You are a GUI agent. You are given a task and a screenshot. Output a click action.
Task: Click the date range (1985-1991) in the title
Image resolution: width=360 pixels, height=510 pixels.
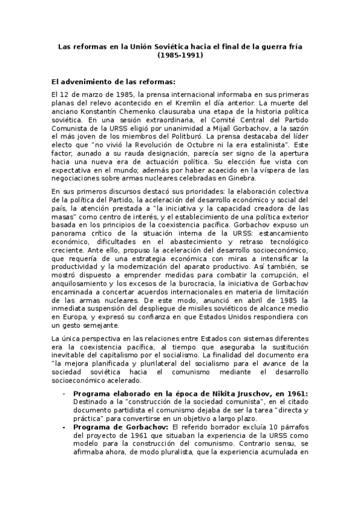pyautogui.click(x=180, y=55)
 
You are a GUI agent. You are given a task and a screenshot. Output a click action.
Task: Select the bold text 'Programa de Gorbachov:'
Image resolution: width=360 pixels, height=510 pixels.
pyautogui.click(x=112, y=427)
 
